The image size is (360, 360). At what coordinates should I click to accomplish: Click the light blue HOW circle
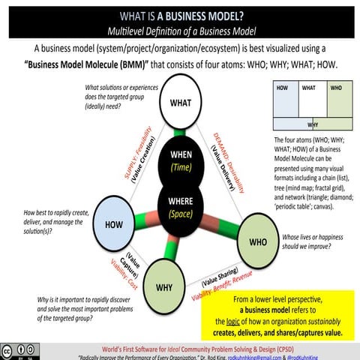coord(114,224)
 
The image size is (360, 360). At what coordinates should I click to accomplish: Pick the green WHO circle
coord(257,242)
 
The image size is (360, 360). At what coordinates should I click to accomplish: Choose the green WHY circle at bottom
coord(164,286)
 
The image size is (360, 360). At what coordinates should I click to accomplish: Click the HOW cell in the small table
coord(282,100)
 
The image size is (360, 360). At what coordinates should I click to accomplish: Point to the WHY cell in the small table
coord(310,124)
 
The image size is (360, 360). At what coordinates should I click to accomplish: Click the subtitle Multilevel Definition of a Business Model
coord(180,31)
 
